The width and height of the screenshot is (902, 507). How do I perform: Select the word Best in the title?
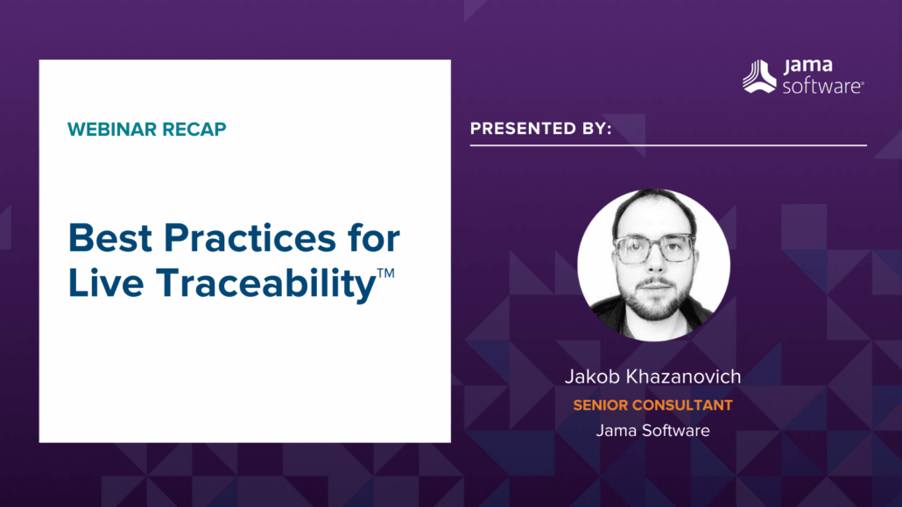107,239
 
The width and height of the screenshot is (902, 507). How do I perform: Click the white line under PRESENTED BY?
668,145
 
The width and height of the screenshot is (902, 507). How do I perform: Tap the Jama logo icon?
759,76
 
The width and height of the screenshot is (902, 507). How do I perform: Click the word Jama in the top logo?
807,67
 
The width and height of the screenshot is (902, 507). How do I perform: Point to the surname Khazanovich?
686,377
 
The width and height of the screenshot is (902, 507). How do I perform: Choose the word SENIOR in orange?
603,405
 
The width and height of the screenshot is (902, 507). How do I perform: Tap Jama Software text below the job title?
652,430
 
